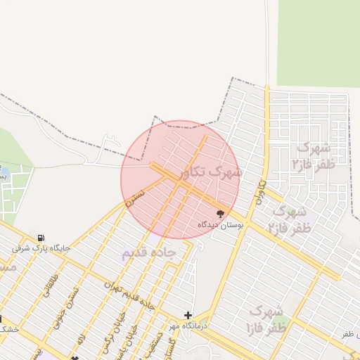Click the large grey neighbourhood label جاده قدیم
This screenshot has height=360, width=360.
(147, 254)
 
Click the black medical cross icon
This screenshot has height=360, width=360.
(188, 316)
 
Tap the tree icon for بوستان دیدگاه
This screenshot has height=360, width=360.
(220, 213)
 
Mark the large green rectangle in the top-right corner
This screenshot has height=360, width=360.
(318, 42)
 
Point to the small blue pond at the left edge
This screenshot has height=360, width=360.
(3, 172)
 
